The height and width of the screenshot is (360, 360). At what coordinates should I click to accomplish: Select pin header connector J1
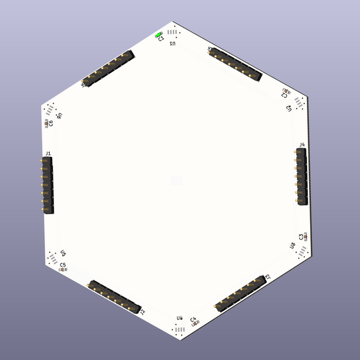point(47,183)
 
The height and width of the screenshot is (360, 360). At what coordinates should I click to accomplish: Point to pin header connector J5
point(236,64)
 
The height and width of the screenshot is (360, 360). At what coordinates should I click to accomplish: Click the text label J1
point(48,153)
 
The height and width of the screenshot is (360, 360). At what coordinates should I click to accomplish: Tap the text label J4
point(302,145)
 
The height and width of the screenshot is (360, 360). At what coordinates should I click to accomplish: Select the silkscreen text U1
point(173,44)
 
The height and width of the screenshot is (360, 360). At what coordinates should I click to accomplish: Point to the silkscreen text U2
point(289,107)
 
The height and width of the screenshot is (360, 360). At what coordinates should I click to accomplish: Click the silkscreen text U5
point(63,254)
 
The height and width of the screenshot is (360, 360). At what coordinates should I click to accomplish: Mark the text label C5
point(63,265)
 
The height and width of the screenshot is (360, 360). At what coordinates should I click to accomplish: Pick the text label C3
point(301,237)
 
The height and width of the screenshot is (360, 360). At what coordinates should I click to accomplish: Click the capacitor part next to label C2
point(286,92)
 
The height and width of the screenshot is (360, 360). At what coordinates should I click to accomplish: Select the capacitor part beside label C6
point(47,122)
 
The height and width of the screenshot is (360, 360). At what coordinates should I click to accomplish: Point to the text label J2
point(142,311)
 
